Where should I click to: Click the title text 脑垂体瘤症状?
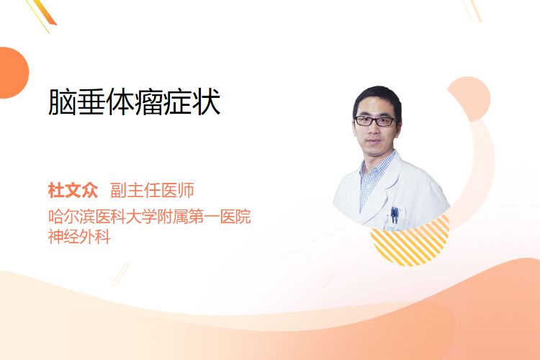pos(135,102)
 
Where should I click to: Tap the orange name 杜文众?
pos(73,191)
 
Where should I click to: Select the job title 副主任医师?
pos(152,191)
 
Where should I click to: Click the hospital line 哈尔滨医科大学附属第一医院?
pos(150,216)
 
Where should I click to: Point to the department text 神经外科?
pos(79,237)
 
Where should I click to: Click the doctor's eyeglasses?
pos(374,120)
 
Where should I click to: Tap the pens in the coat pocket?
pos(395,214)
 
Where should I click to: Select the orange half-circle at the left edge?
pos(14,73)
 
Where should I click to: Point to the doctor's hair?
pos(377,97)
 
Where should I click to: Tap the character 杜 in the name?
pos(56,191)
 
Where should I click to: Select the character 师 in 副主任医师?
pos(186,191)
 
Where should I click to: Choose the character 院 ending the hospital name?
pos(243,216)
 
